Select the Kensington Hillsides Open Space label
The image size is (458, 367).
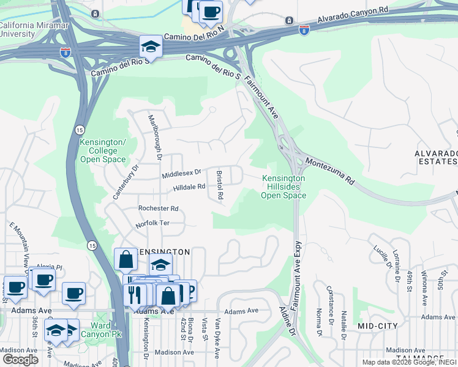[283, 187]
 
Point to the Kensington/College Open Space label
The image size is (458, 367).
[103, 150]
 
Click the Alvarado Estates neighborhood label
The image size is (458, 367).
[435, 157]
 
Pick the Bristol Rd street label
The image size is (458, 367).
[220, 185]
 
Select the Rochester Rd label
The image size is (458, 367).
[158, 209]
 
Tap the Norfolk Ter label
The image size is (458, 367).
[152, 223]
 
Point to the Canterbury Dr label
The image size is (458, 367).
[126, 180]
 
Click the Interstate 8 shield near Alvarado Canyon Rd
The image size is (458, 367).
[304, 29]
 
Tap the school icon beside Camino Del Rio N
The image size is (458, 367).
[150, 46]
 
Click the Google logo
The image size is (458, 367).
[20, 360]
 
